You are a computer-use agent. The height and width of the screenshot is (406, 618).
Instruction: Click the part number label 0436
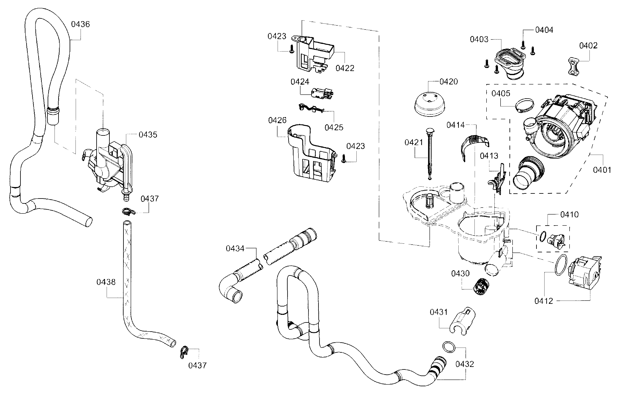(80, 24)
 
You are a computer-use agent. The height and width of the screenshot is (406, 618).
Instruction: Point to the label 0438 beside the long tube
(106, 282)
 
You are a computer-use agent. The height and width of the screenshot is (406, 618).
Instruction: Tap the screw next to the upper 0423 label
(291, 49)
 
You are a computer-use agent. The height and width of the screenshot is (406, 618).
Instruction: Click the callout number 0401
(602, 170)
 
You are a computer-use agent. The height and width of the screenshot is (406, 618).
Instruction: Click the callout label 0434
(235, 248)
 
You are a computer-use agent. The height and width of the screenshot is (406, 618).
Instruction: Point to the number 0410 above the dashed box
(569, 214)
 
